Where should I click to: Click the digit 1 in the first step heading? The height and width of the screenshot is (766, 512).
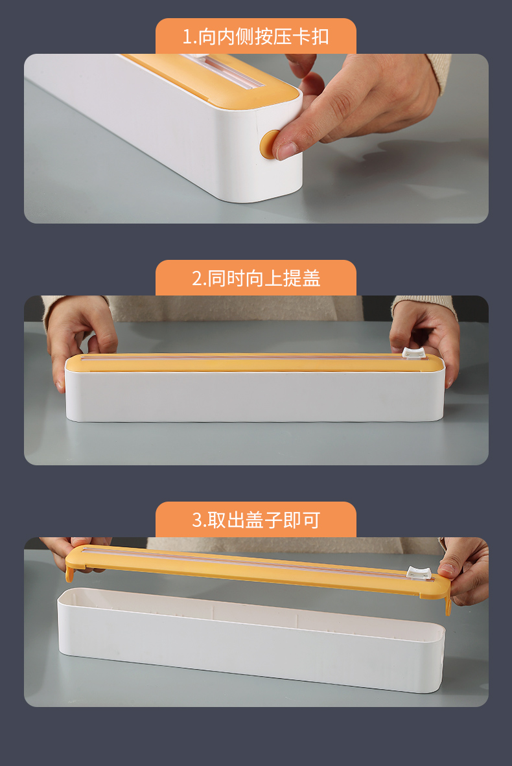coord(188,37)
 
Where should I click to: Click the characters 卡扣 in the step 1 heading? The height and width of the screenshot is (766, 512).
coord(312,37)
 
